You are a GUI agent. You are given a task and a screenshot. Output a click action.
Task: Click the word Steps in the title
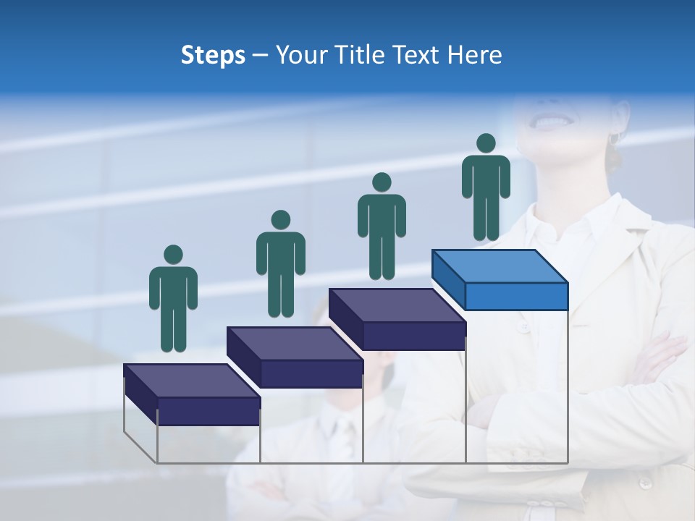coord(213,56)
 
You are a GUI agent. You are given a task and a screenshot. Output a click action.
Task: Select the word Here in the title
coord(473,55)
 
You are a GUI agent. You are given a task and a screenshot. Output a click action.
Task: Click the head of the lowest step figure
coord(173,255)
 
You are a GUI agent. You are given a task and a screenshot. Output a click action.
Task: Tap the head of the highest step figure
coord(486,143)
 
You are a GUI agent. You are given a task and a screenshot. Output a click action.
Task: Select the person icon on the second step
coord(280,264)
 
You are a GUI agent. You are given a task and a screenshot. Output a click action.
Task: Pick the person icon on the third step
coord(382,226)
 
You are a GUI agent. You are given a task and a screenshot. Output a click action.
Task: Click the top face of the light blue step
coord(500,266)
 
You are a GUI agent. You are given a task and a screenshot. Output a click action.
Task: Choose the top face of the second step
coord(295,343)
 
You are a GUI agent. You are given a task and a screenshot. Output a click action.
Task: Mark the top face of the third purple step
coord(397,305)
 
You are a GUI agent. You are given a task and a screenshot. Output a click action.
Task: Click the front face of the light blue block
coord(516,296)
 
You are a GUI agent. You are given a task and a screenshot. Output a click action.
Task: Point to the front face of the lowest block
coord(208,411)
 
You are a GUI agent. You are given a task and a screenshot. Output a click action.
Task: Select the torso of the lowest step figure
coord(173,289)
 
